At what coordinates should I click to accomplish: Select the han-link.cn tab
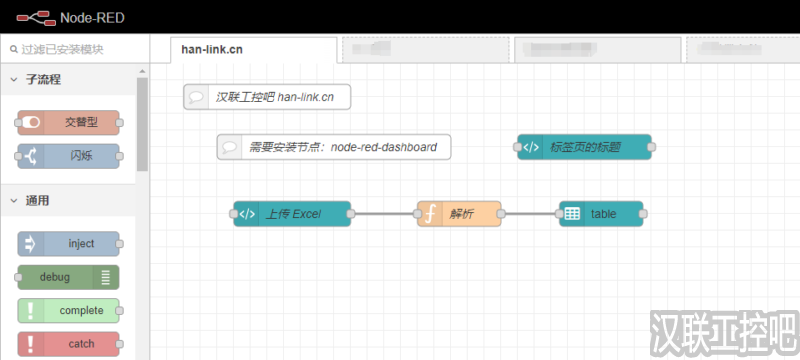coord(211,48)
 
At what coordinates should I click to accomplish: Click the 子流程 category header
coord(43,79)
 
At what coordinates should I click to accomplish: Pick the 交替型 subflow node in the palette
coord(68,122)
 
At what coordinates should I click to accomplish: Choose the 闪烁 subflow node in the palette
coord(68,156)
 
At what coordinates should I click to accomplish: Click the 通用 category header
coord(37,200)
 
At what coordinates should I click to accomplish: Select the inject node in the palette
coord(68,244)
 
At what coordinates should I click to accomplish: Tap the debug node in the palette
coord(68,277)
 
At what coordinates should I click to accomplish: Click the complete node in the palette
coord(68,310)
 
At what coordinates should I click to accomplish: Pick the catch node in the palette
coord(68,344)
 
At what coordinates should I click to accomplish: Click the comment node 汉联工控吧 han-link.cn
coord(267,97)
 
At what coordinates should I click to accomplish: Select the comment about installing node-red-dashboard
coord(334,147)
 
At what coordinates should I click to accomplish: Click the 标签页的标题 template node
coord(584,147)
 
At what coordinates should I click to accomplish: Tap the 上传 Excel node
coord(292,214)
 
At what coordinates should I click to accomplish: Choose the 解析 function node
coord(459,214)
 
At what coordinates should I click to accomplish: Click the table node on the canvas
coord(601,214)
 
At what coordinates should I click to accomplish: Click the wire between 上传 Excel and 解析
coord(385,214)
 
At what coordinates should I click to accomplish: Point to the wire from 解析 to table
coord(530,214)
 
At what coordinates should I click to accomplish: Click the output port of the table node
coord(645,214)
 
